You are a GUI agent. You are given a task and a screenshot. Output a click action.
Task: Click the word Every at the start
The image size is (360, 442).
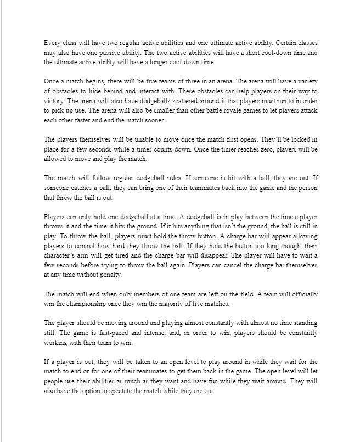[x=52, y=43]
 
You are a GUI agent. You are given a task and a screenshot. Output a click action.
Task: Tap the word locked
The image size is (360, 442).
[x=300, y=139]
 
